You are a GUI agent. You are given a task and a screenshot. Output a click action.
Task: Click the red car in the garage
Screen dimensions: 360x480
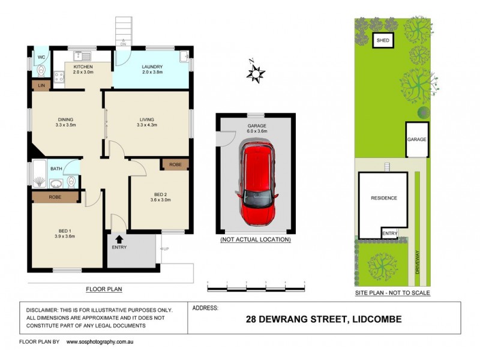pyautogui.click(x=257, y=182)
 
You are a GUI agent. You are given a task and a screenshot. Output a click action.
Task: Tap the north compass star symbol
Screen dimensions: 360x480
pyautogui.click(x=256, y=74)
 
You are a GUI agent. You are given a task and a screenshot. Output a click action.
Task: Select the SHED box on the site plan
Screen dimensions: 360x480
pyautogui.click(x=383, y=41)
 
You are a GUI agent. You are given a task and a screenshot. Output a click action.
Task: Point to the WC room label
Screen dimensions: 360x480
pyautogui.click(x=41, y=58)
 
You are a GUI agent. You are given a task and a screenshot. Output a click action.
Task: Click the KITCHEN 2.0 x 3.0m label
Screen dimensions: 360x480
pyautogui.click(x=83, y=70)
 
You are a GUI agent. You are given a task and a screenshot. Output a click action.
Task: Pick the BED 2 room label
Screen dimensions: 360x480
pyautogui.click(x=160, y=196)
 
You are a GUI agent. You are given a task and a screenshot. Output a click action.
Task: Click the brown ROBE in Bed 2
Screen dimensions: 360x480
pyautogui.click(x=175, y=164)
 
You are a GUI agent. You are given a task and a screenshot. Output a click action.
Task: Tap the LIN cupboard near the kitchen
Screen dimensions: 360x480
pyautogui.click(x=41, y=86)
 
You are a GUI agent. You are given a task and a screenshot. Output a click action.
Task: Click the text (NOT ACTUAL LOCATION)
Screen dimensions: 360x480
pyautogui.click(x=256, y=239)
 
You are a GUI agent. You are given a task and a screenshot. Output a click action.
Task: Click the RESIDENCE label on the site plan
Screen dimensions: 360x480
pyautogui.click(x=384, y=197)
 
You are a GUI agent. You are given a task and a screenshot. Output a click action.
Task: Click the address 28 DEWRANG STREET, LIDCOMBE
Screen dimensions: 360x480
pyautogui.click(x=323, y=319)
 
